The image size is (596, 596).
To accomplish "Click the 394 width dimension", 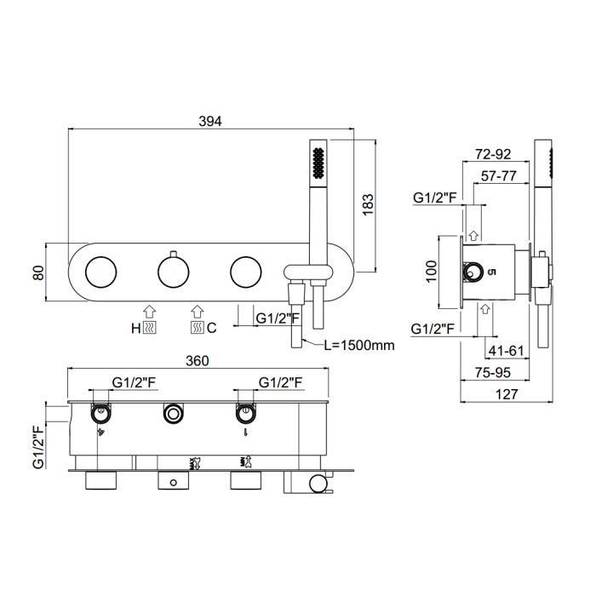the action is click(209, 121).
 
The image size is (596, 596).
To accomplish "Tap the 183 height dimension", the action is click(368, 205).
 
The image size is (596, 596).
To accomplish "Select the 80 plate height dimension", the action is click(39, 272).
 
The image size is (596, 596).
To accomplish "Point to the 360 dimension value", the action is click(198, 361).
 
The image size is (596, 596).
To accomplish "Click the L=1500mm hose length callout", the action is click(359, 345).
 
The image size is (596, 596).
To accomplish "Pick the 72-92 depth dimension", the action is click(493, 154).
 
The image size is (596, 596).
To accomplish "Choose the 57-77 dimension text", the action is click(499, 176).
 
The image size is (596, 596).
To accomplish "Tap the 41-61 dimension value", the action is click(506, 351).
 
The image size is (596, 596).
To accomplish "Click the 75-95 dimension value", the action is click(493, 373).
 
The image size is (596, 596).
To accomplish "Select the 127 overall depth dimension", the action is click(507, 394).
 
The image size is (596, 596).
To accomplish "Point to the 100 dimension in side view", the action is click(432, 271).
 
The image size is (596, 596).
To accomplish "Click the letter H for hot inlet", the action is click(135, 328).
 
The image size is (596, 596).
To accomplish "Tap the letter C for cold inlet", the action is click(212, 328).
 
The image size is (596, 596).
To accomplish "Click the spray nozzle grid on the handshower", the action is click(318, 163).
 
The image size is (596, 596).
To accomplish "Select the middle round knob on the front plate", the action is click(174, 272).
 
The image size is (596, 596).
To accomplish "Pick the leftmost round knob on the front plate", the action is click(100, 272).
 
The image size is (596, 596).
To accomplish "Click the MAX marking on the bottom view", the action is click(192, 463).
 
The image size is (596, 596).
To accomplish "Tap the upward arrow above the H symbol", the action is click(149, 312).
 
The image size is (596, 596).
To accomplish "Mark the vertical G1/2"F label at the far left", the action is click(39, 447).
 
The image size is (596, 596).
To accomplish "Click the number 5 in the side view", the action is click(491, 272).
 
